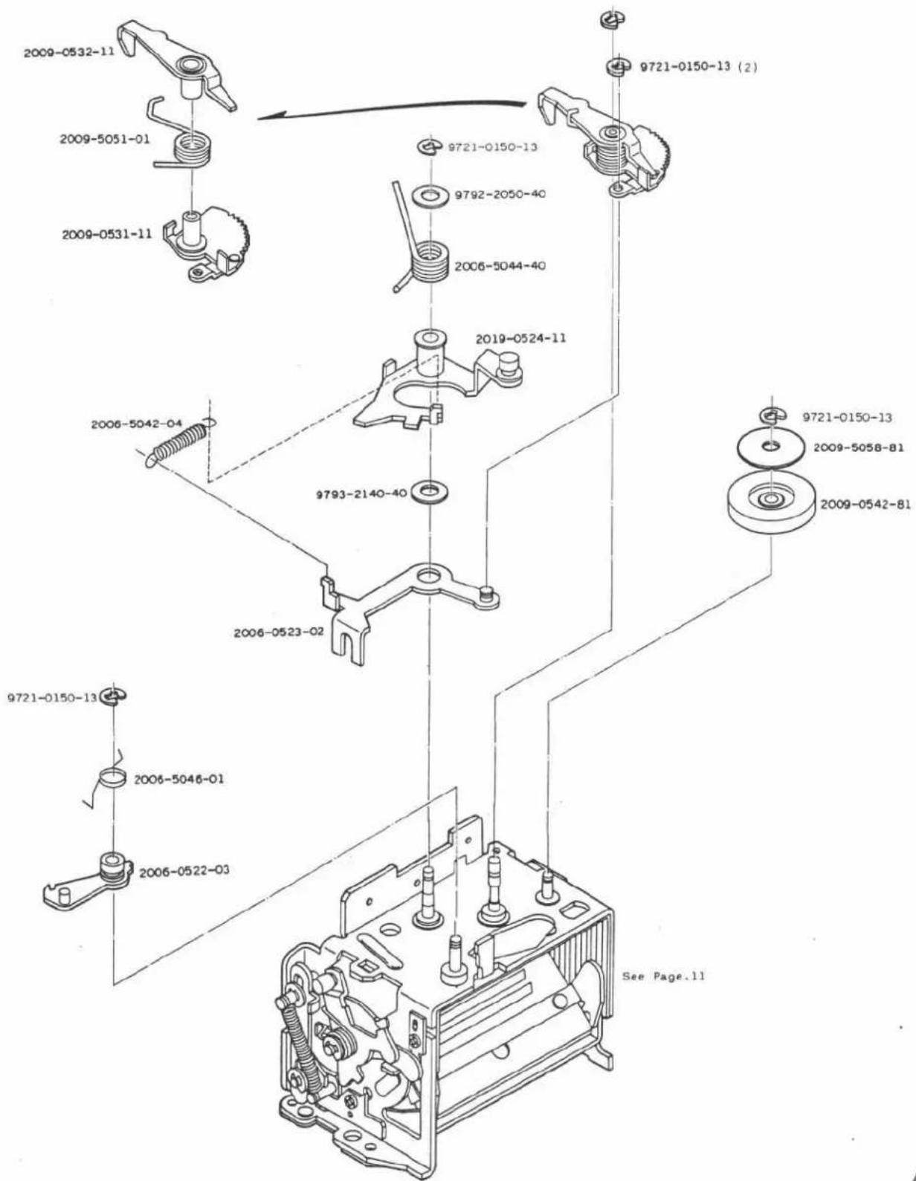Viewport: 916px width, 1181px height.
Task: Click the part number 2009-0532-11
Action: pyautogui.click(x=69, y=52)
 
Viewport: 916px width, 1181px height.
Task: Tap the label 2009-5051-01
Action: pyautogui.click(x=104, y=138)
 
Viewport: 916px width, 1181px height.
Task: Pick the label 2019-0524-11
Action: pyautogui.click(x=520, y=338)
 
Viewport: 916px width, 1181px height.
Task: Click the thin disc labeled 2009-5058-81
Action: pyautogui.click(x=770, y=450)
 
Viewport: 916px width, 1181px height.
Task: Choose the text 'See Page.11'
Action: pyautogui.click(x=663, y=976)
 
